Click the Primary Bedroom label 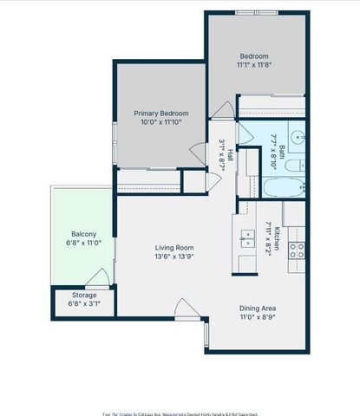(160, 113)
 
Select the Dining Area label (258, 309)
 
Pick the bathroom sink (296, 137)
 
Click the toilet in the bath (294, 164)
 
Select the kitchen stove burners (296, 250)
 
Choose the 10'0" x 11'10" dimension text (160, 123)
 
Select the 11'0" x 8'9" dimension (258, 318)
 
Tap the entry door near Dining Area (185, 309)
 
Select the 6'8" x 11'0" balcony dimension (83, 244)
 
